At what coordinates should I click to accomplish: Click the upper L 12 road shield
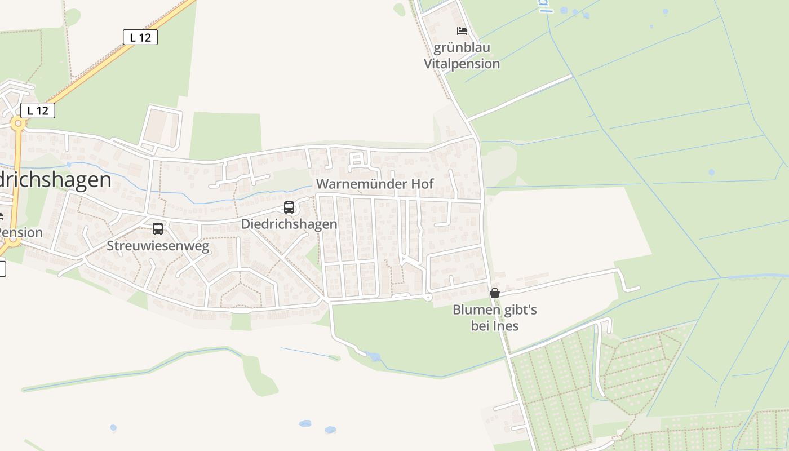tap(140, 37)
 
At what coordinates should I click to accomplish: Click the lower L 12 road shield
tap(38, 110)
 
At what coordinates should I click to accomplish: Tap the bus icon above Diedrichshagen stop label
tap(289, 207)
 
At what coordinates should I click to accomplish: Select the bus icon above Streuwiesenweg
tap(158, 229)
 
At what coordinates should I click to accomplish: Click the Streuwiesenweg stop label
tap(158, 246)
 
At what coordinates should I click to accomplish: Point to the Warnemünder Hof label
tap(375, 184)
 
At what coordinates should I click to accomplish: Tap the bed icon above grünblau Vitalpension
tap(462, 31)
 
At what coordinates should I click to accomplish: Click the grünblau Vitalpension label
tap(462, 55)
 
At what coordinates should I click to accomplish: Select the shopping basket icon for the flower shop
tap(495, 293)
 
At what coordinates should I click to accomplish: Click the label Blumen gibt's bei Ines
tap(495, 318)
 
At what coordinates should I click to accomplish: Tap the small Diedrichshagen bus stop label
tap(289, 224)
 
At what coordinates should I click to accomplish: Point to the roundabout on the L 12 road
tap(18, 123)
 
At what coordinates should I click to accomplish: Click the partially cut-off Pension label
tap(21, 233)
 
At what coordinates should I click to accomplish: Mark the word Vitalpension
tap(462, 64)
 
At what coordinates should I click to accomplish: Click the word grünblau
tap(462, 47)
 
